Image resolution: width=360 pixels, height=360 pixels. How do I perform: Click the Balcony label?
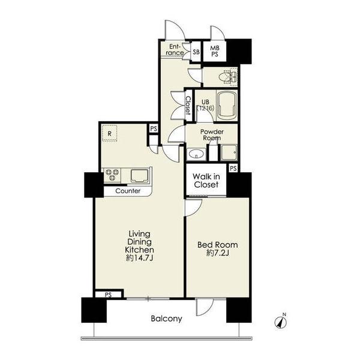[166, 319]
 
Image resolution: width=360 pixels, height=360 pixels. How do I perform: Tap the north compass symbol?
[281, 322]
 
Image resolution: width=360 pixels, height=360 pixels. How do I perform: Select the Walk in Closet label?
[206, 181]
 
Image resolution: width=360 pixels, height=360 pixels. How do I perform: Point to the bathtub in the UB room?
[227, 105]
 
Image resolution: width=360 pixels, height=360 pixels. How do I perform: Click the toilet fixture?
[227, 77]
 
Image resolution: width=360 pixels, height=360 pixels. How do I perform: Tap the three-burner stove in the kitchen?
[112, 175]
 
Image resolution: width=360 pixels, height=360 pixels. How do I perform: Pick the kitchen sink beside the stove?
[139, 176]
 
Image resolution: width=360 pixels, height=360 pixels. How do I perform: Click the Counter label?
[128, 191]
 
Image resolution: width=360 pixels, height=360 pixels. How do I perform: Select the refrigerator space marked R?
[110, 133]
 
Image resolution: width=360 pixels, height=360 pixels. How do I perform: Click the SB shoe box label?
[196, 52]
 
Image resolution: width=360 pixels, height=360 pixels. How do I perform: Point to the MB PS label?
[215, 51]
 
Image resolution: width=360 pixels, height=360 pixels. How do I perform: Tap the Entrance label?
[175, 50]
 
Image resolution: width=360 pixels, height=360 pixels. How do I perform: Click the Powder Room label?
[212, 135]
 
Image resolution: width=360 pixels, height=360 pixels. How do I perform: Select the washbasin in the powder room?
[196, 154]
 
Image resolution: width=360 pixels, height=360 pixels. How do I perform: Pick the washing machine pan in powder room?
[229, 152]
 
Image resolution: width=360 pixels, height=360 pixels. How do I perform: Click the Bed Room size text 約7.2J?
[218, 253]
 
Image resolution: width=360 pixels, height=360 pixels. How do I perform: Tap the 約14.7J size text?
[139, 258]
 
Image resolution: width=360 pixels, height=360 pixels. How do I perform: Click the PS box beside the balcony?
[108, 295]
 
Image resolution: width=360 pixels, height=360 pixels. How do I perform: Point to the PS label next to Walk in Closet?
[233, 169]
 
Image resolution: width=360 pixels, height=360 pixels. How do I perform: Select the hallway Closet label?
[188, 105]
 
